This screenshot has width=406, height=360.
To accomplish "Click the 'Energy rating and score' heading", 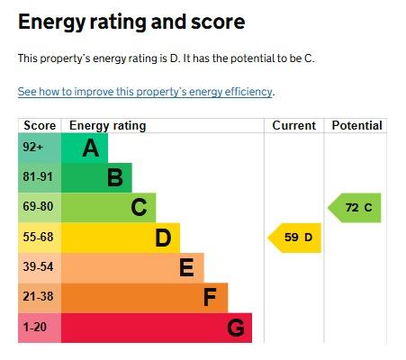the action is click(x=131, y=22).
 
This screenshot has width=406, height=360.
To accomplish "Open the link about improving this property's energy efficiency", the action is click(x=145, y=92).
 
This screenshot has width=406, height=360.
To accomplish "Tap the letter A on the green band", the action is click(x=91, y=148).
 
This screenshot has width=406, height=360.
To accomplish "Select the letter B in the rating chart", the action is click(x=115, y=177).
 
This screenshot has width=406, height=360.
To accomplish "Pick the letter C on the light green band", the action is click(x=139, y=207).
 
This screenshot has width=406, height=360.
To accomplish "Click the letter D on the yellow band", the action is click(x=163, y=238).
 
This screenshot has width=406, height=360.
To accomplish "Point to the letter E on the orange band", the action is click(x=186, y=267).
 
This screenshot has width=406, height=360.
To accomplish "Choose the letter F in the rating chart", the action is click(x=210, y=297).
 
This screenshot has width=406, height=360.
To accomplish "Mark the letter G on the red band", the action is click(x=236, y=328).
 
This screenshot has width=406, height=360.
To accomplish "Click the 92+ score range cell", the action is click(x=40, y=148).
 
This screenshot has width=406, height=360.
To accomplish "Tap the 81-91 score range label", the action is click(x=38, y=176).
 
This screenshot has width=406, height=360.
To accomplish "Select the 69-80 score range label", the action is click(x=38, y=206).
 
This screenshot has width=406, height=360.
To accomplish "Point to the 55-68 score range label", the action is click(x=38, y=237).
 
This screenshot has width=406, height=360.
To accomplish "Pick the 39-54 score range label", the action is click(x=38, y=266).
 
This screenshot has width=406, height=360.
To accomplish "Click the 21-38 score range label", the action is click(x=38, y=296).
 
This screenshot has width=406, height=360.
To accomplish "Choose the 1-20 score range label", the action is click(x=35, y=327).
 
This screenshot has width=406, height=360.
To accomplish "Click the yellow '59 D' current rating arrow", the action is click(x=294, y=238).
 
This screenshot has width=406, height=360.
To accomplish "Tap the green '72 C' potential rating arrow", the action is click(x=355, y=208).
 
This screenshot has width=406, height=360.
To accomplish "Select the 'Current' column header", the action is click(x=294, y=125).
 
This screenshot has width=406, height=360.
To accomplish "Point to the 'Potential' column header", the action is click(x=356, y=125).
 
